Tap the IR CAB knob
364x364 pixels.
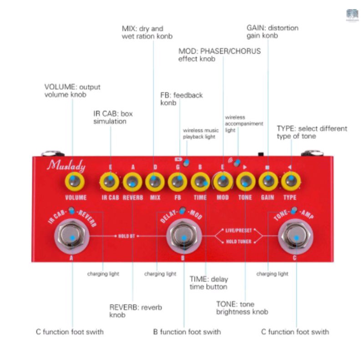tap(110, 182)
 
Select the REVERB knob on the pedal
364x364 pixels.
tap(133, 182)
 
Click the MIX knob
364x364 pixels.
tap(155, 182)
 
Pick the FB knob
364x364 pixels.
tap(177, 182)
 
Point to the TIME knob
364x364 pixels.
tap(200, 182)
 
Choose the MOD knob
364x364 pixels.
tap(222, 182)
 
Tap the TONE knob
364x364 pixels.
tap(245, 182)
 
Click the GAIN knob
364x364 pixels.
tap(268, 182)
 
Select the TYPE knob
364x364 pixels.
tap(290, 182)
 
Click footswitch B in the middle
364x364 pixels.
tap(184, 237)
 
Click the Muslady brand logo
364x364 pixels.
tap(66, 166)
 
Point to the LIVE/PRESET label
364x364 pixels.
tap(238, 231)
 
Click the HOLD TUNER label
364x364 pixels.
tap(238, 242)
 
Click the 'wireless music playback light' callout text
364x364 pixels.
tap(201, 133)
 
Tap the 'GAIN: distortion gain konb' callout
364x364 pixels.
tap(272, 31)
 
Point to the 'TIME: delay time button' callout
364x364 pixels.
tap(208, 283)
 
